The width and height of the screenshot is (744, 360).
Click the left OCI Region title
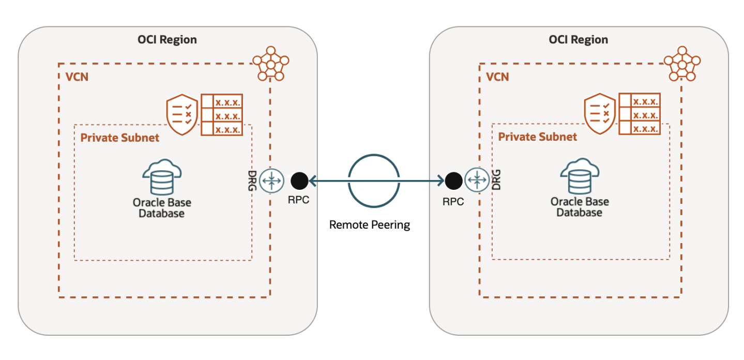167,40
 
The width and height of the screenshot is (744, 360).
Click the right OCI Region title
579,40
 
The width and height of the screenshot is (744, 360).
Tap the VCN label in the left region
77,77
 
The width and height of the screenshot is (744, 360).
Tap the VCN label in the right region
497,77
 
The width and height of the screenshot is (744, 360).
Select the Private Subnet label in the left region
120,138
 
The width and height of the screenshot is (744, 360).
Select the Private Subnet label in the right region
537,137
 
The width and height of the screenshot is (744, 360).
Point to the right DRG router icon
475,181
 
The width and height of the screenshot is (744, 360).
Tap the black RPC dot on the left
299,181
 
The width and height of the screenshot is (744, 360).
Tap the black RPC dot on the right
453,181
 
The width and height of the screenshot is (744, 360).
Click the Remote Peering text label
370,225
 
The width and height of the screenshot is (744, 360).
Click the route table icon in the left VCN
222,115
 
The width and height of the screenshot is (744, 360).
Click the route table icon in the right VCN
640,115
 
